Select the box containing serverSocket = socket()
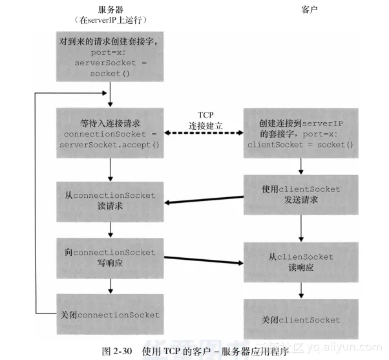(x=111, y=58)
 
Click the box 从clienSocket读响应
(x=300, y=262)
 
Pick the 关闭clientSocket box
(x=300, y=319)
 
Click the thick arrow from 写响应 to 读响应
(x=204, y=260)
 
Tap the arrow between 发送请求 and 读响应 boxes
(x=300, y=228)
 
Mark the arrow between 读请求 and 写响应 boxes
(x=111, y=229)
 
